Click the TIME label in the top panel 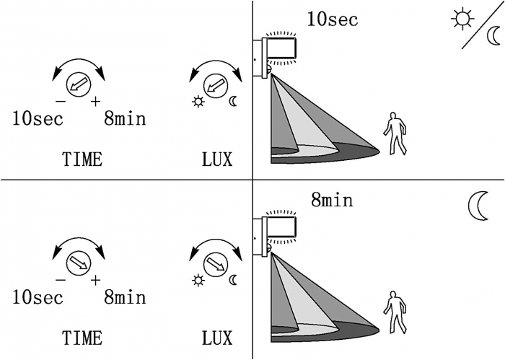click(82, 159)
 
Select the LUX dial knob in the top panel click(214, 85)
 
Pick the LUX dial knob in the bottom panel click(214, 263)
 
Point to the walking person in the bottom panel click(394, 311)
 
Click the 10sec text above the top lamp click(332, 19)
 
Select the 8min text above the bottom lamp click(332, 199)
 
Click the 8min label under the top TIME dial click(125, 118)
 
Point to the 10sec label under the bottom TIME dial click(38, 297)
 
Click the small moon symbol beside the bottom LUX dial click(233, 280)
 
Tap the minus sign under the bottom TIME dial click(61, 279)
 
